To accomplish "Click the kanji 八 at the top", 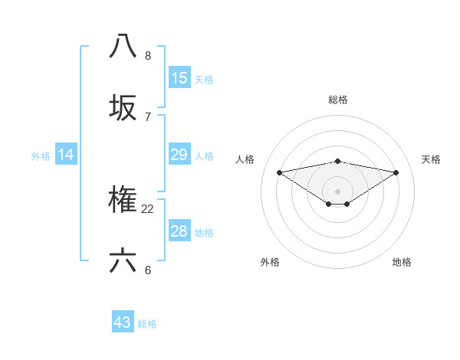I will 123,46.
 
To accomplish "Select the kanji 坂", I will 123,107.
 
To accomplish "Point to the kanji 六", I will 123,261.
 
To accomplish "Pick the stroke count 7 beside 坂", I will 148,116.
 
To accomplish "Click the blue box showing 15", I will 179,77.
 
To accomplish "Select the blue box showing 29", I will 179,155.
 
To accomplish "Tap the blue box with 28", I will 179,231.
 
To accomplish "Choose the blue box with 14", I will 66,155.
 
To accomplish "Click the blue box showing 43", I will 123,322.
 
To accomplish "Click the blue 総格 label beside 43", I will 148,323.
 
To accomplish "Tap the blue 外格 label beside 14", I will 41,155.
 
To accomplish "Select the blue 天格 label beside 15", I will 204,78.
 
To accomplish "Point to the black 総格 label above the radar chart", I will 338,100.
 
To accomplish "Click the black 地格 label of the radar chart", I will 402,262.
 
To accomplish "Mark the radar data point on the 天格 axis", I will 396,172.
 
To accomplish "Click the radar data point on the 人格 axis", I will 279,172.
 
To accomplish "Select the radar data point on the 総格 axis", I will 338,161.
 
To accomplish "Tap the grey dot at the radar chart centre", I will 338,191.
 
